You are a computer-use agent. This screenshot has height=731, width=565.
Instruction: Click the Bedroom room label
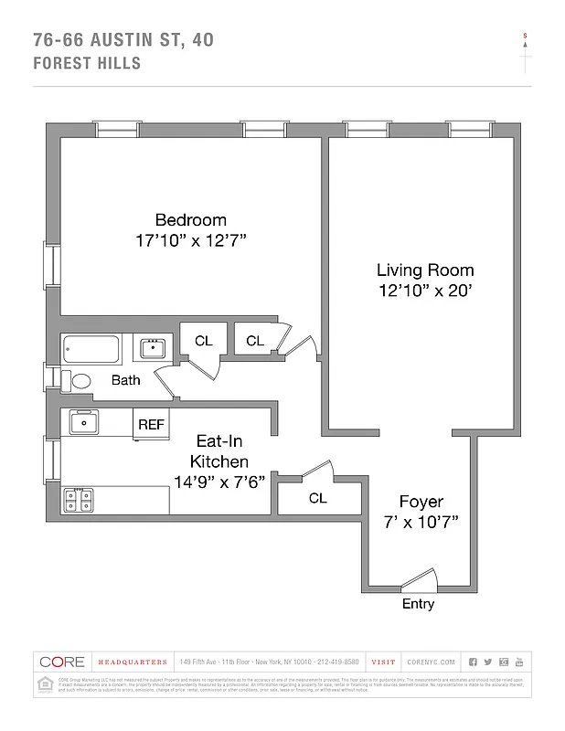coord(190,220)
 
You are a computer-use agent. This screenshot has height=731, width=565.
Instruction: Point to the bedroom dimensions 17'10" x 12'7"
coord(190,240)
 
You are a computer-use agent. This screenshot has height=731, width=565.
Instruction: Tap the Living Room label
coord(425,270)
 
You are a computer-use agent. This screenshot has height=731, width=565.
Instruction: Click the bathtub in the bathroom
coord(91,350)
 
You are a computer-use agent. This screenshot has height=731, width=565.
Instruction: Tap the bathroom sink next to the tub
coord(152,348)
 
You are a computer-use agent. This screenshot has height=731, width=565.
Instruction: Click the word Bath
coord(125,380)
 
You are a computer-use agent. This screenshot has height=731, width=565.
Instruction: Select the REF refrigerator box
coord(151,424)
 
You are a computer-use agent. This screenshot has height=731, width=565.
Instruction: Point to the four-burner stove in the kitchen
coord(77,500)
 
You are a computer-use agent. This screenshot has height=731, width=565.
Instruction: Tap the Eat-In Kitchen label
coord(219,451)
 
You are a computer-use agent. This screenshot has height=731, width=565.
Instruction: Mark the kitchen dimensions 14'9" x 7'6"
coord(219,482)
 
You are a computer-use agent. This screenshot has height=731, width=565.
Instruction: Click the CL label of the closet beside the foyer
coord(317,499)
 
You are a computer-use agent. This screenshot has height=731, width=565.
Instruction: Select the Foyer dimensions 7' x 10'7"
coord(421,522)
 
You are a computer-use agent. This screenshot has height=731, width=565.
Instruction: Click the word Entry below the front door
coord(418,605)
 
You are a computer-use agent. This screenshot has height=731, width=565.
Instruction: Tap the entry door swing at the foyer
coord(420,578)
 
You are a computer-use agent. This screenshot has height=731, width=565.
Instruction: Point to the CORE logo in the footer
coord(61,662)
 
